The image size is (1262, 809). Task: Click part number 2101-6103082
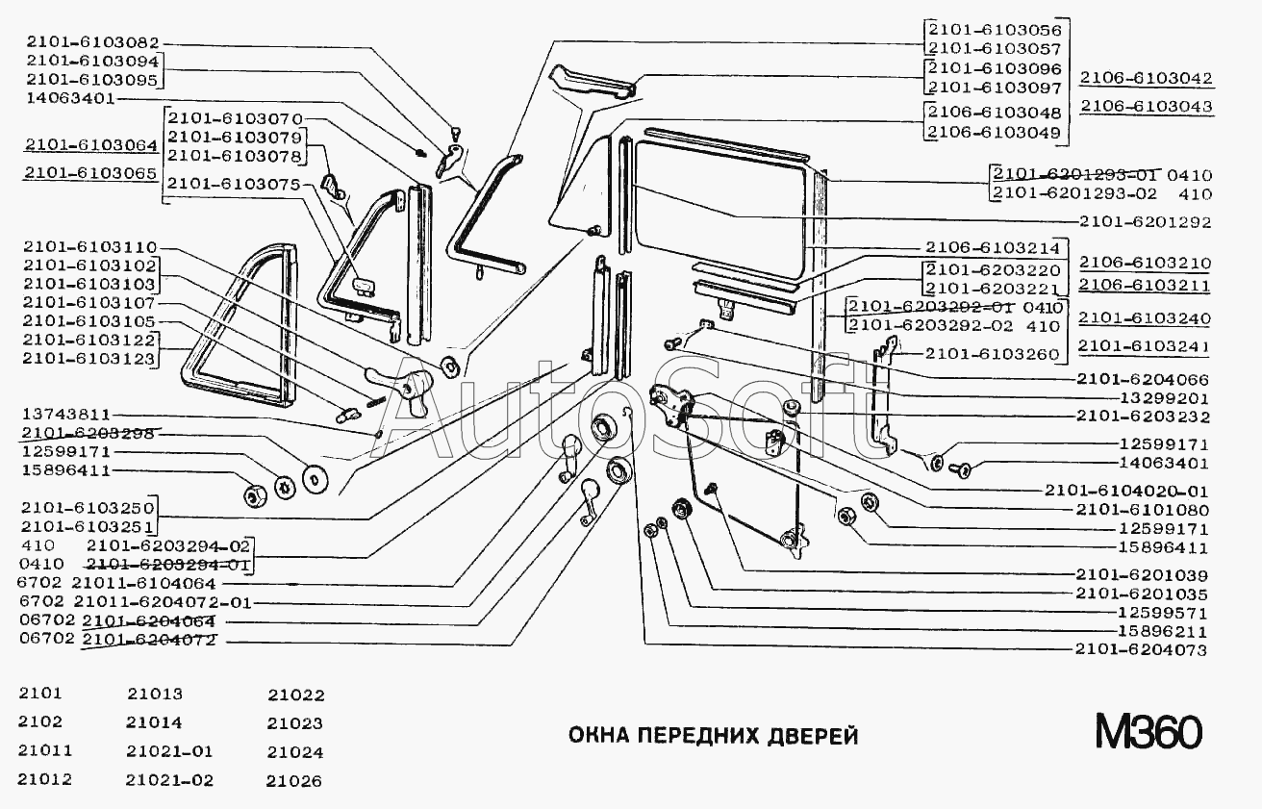click(x=91, y=42)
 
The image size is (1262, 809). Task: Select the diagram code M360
click(x=1148, y=733)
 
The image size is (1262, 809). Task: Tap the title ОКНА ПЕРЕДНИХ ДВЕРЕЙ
click(x=713, y=737)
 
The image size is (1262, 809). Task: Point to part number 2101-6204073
click(x=1140, y=651)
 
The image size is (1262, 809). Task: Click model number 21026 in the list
click(x=295, y=781)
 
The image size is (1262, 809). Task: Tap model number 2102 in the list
click(x=40, y=722)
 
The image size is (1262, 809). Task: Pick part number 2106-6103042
click(x=1146, y=79)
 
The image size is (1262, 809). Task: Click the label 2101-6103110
click(x=91, y=247)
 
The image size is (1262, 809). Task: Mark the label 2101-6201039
click(x=1142, y=574)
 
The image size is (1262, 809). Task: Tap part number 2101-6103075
click(x=233, y=183)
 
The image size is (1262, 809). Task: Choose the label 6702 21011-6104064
click(x=117, y=583)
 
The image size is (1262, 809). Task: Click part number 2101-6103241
click(x=1145, y=347)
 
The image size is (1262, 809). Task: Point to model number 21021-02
click(x=169, y=780)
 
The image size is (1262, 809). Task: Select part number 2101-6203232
click(x=1142, y=417)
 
